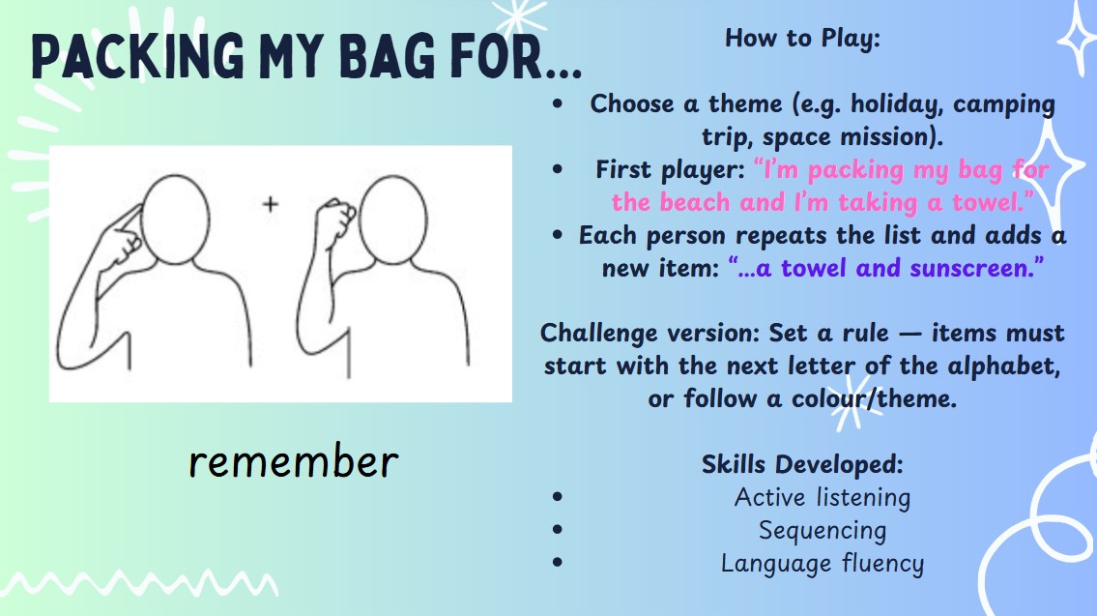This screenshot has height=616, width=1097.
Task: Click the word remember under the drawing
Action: [294, 462]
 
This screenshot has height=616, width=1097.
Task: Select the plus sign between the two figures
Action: [270, 204]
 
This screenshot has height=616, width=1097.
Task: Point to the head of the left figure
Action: [175, 220]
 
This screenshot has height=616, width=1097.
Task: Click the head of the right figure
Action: [393, 220]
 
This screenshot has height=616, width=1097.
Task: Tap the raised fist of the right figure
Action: [334, 217]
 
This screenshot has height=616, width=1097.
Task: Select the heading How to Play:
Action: [802, 39]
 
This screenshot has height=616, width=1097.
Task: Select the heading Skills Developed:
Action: [802, 464]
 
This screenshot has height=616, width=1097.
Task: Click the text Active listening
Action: [823, 498]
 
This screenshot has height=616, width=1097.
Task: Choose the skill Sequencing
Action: [823, 531]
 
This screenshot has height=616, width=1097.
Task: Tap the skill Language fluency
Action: [823, 564]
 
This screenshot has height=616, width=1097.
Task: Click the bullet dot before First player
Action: [557, 169]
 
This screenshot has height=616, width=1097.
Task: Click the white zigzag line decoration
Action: [140, 583]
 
